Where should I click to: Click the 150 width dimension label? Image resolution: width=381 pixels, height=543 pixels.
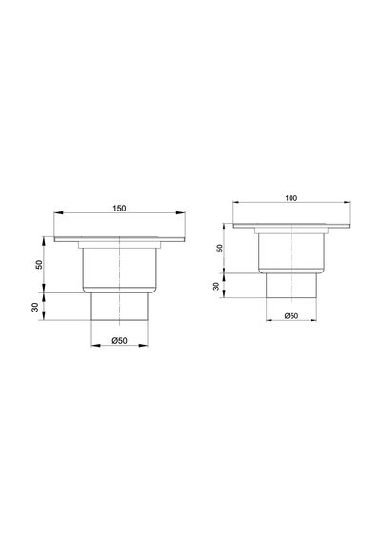(x=119, y=208)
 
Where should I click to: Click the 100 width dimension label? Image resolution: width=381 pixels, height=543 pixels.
(x=291, y=198)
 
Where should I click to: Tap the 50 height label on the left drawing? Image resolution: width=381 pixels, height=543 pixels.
(x=39, y=264)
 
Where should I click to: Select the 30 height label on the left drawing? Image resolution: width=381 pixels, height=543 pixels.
(x=35, y=307)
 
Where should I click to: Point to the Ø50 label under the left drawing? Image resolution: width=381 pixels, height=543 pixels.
(x=119, y=341)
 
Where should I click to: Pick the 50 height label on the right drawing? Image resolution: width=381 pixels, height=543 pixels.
(x=220, y=248)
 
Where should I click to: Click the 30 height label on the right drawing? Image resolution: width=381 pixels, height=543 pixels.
(x=216, y=286)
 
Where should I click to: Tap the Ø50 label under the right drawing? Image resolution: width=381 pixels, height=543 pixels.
(x=291, y=316)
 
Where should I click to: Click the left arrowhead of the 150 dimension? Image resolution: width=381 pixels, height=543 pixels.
(x=59, y=212)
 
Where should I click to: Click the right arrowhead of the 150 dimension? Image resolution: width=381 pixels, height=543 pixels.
(x=180, y=212)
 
